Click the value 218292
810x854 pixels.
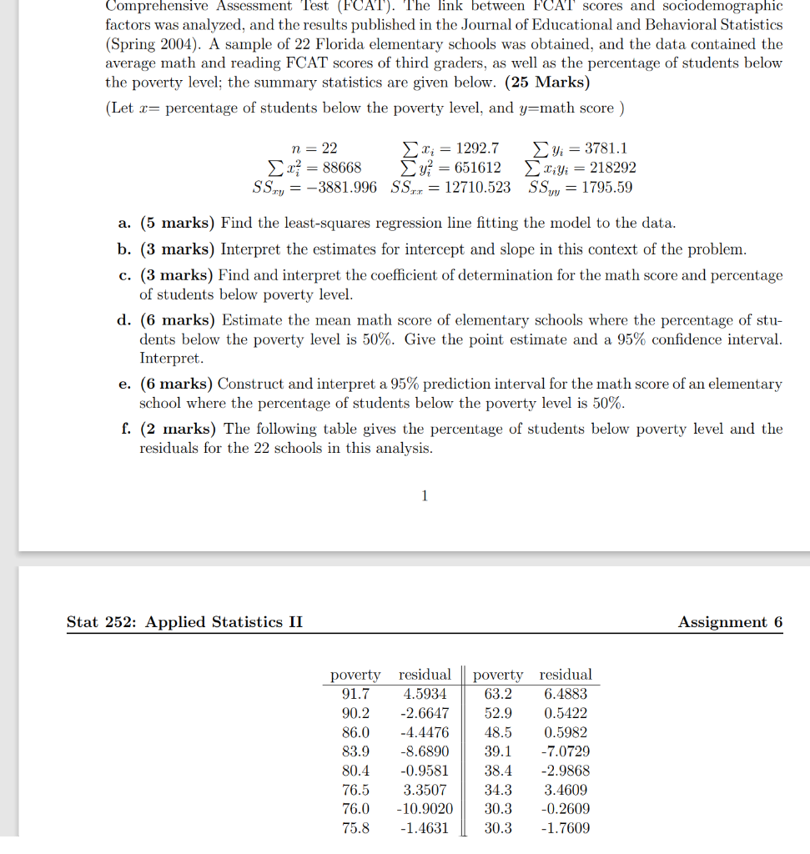tap(612, 168)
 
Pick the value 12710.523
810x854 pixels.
tap(477, 187)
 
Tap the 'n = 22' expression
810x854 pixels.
tap(319, 148)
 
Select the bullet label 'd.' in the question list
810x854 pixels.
tap(124, 320)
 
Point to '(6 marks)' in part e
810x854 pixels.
tap(177, 384)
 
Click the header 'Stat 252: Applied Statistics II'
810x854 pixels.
tap(185, 622)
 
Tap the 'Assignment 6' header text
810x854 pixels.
tap(730, 622)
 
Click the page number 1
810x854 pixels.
tap(425, 497)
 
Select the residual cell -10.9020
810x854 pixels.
tap(425, 809)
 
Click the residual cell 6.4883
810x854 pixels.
tap(566, 694)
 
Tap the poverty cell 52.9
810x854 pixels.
tap(498, 713)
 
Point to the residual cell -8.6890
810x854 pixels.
tap(425, 751)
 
